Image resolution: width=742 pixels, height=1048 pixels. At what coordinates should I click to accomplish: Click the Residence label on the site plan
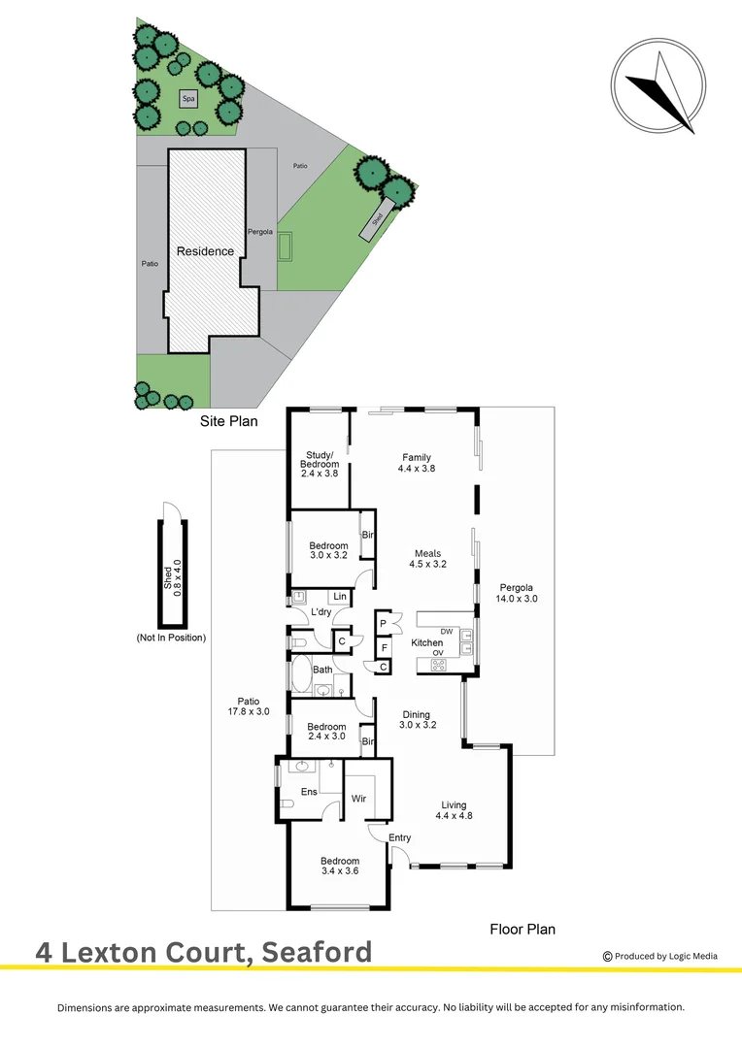[205, 251]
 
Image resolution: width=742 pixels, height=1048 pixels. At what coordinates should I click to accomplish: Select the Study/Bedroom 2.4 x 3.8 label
[320, 465]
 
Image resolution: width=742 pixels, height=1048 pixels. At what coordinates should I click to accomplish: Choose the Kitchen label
[427, 642]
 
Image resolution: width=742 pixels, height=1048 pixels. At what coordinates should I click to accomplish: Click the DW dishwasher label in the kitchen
[447, 632]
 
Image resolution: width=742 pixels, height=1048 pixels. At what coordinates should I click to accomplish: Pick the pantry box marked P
[384, 623]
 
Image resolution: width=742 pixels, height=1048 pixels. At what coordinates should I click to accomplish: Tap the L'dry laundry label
[321, 613]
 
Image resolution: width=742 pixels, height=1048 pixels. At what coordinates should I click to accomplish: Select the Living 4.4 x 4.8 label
[454, 810]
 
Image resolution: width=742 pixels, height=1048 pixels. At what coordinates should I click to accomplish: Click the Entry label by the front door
[399, 837]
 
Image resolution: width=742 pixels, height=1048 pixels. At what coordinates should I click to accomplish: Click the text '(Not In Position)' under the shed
[172, 638]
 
